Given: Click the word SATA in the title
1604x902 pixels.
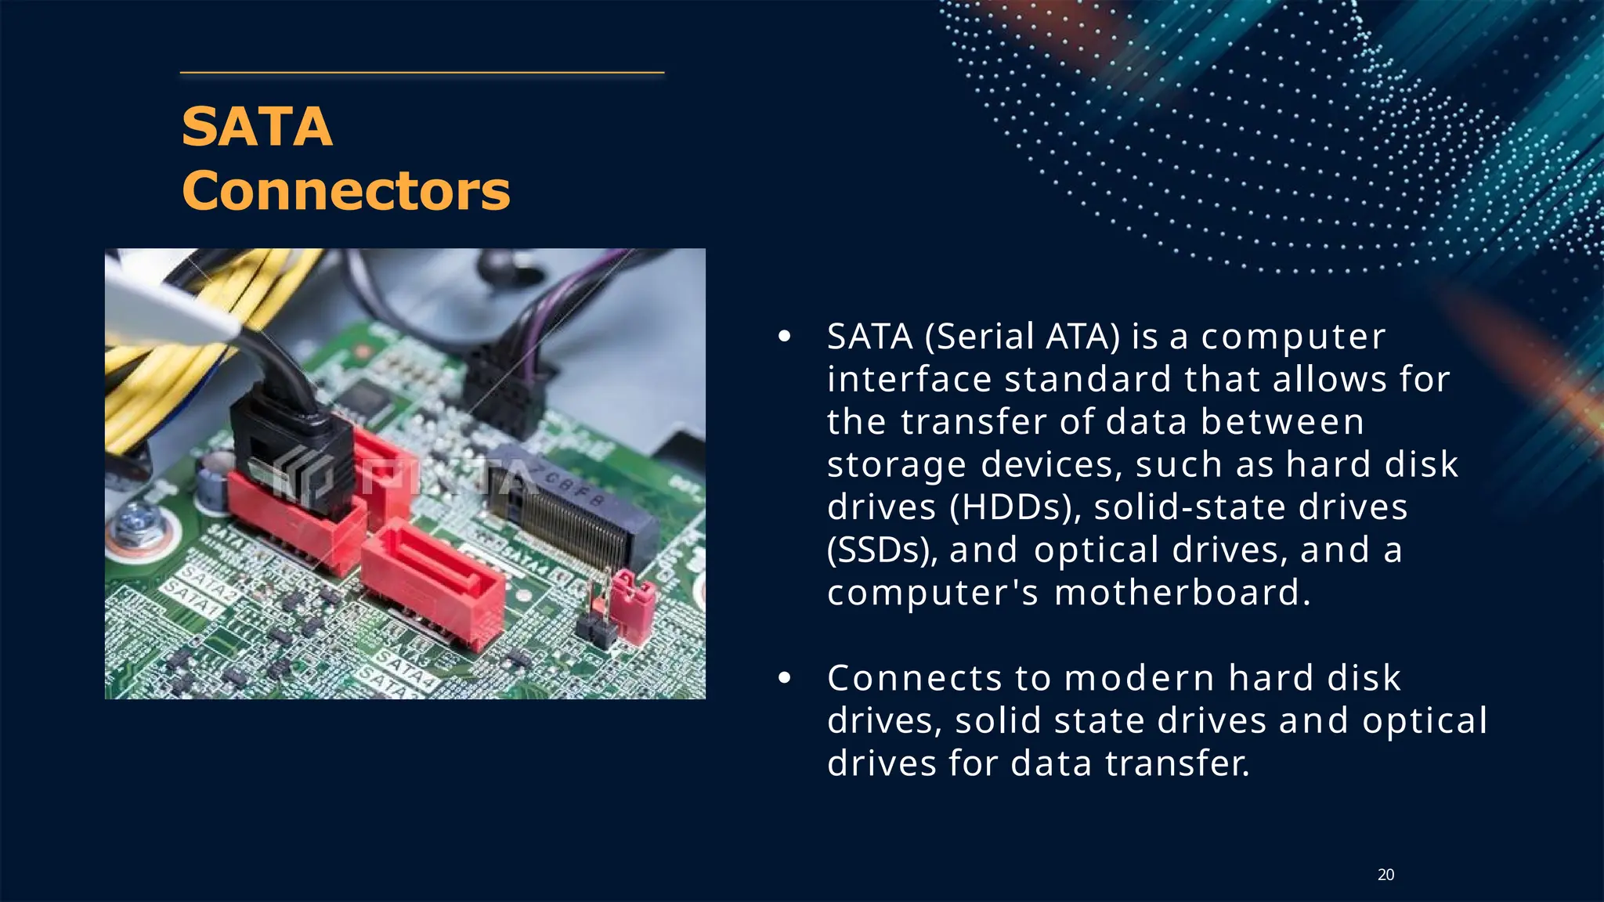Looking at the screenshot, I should pos(257,127).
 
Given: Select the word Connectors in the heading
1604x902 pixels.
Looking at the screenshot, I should pos(345,191).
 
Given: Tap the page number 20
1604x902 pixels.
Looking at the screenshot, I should pos(1385,875).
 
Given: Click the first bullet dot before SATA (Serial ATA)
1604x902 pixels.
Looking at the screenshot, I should pos(784,337).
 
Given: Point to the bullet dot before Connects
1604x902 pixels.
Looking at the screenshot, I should pos(784,679).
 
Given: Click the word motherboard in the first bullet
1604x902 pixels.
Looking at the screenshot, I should pos(1181,592).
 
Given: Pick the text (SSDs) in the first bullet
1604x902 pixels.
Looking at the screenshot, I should pos(882,550).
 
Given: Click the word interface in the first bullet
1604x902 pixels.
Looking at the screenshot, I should pos(909,380).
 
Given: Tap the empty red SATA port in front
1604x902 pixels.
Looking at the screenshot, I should pos(431,579).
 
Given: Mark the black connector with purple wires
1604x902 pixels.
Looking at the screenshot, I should pos(501,391).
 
